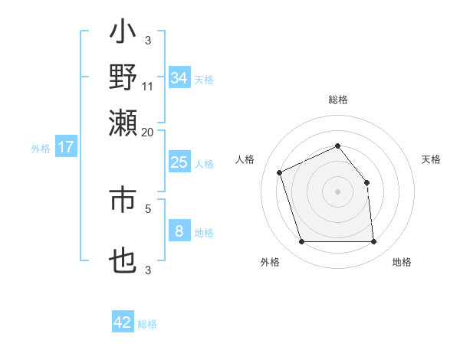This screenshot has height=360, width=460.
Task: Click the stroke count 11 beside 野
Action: click(148, 86)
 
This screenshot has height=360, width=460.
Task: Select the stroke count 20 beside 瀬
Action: click(148, 132)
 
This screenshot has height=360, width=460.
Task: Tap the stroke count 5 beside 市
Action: click(148, 207)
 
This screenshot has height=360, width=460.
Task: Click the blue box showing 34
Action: click(179, 78)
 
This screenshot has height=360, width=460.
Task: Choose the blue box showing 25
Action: click(179, 162)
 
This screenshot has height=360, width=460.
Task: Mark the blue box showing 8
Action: click(179, 231)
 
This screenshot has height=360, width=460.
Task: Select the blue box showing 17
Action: click(66, 148)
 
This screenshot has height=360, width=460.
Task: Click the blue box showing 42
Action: click(122, 322)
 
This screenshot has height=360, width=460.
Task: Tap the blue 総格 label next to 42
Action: click(147, 324)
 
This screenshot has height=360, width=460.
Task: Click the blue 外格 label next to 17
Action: click(41, 149)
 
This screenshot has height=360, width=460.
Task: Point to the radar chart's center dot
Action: click(337, 191)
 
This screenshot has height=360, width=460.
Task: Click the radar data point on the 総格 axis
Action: click(337, 146)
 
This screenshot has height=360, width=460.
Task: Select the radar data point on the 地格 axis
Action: click(373, 242)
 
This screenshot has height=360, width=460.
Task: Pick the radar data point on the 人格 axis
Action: click(280, 172)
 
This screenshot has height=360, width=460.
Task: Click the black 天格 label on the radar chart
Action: click(432, 159)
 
